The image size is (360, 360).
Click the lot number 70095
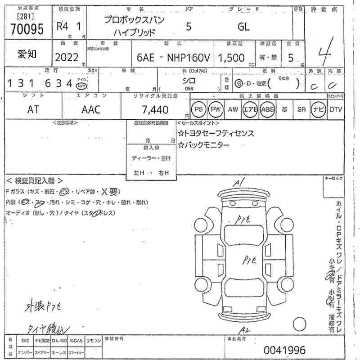(27, 29)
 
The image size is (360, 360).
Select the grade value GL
(244, 26)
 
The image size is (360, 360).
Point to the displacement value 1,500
(231, 58)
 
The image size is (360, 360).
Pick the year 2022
(67, 57)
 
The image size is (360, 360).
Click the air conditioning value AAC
(91, 109)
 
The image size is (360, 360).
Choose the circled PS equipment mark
(198, 109)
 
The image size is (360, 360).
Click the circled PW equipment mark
(216, 109)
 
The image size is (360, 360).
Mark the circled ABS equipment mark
(267, 109)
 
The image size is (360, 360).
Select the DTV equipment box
(335, 109)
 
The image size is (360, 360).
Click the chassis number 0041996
(284, 350)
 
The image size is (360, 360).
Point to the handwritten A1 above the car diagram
(239, 182)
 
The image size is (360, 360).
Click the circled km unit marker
(81, 85)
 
